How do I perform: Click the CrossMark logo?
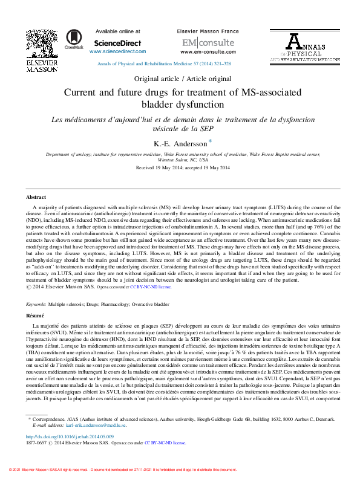point(74,39)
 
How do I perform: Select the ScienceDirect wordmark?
point(118,43)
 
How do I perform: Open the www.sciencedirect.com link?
point(118,52)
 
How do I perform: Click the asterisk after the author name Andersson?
point(210,141)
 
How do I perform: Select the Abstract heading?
point(36,198)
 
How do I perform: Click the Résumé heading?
point(35,316)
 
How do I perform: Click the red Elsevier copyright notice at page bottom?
point(120,470)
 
